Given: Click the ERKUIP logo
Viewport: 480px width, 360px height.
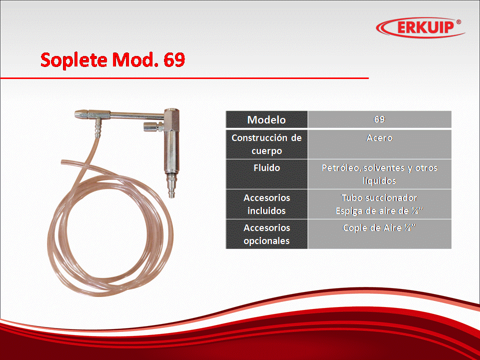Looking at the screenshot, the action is (420, 27).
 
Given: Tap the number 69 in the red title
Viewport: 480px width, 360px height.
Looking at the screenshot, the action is (174, 59).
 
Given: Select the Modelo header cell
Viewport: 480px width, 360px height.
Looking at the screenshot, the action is (266, 119).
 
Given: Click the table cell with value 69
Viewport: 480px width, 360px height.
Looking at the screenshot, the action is (379, 119).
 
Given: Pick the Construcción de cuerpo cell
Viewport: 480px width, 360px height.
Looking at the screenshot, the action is (266, 144).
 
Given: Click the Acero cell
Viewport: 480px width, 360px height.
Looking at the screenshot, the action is (379, 144).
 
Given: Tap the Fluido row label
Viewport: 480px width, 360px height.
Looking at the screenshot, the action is (266, 168).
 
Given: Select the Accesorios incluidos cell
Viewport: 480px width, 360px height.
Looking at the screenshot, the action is (266, 204).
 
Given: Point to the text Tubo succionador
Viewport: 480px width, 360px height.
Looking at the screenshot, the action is (379, 198).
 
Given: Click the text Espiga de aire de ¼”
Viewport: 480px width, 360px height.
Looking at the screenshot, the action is (379, 211).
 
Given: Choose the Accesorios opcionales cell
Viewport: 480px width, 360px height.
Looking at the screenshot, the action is (266, 234).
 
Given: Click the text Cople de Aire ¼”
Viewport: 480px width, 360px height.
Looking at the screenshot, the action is (379, 228).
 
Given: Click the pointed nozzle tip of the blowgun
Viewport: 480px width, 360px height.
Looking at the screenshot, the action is (76, 114).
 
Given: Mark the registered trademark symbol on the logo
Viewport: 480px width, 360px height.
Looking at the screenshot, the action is (458, 22).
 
